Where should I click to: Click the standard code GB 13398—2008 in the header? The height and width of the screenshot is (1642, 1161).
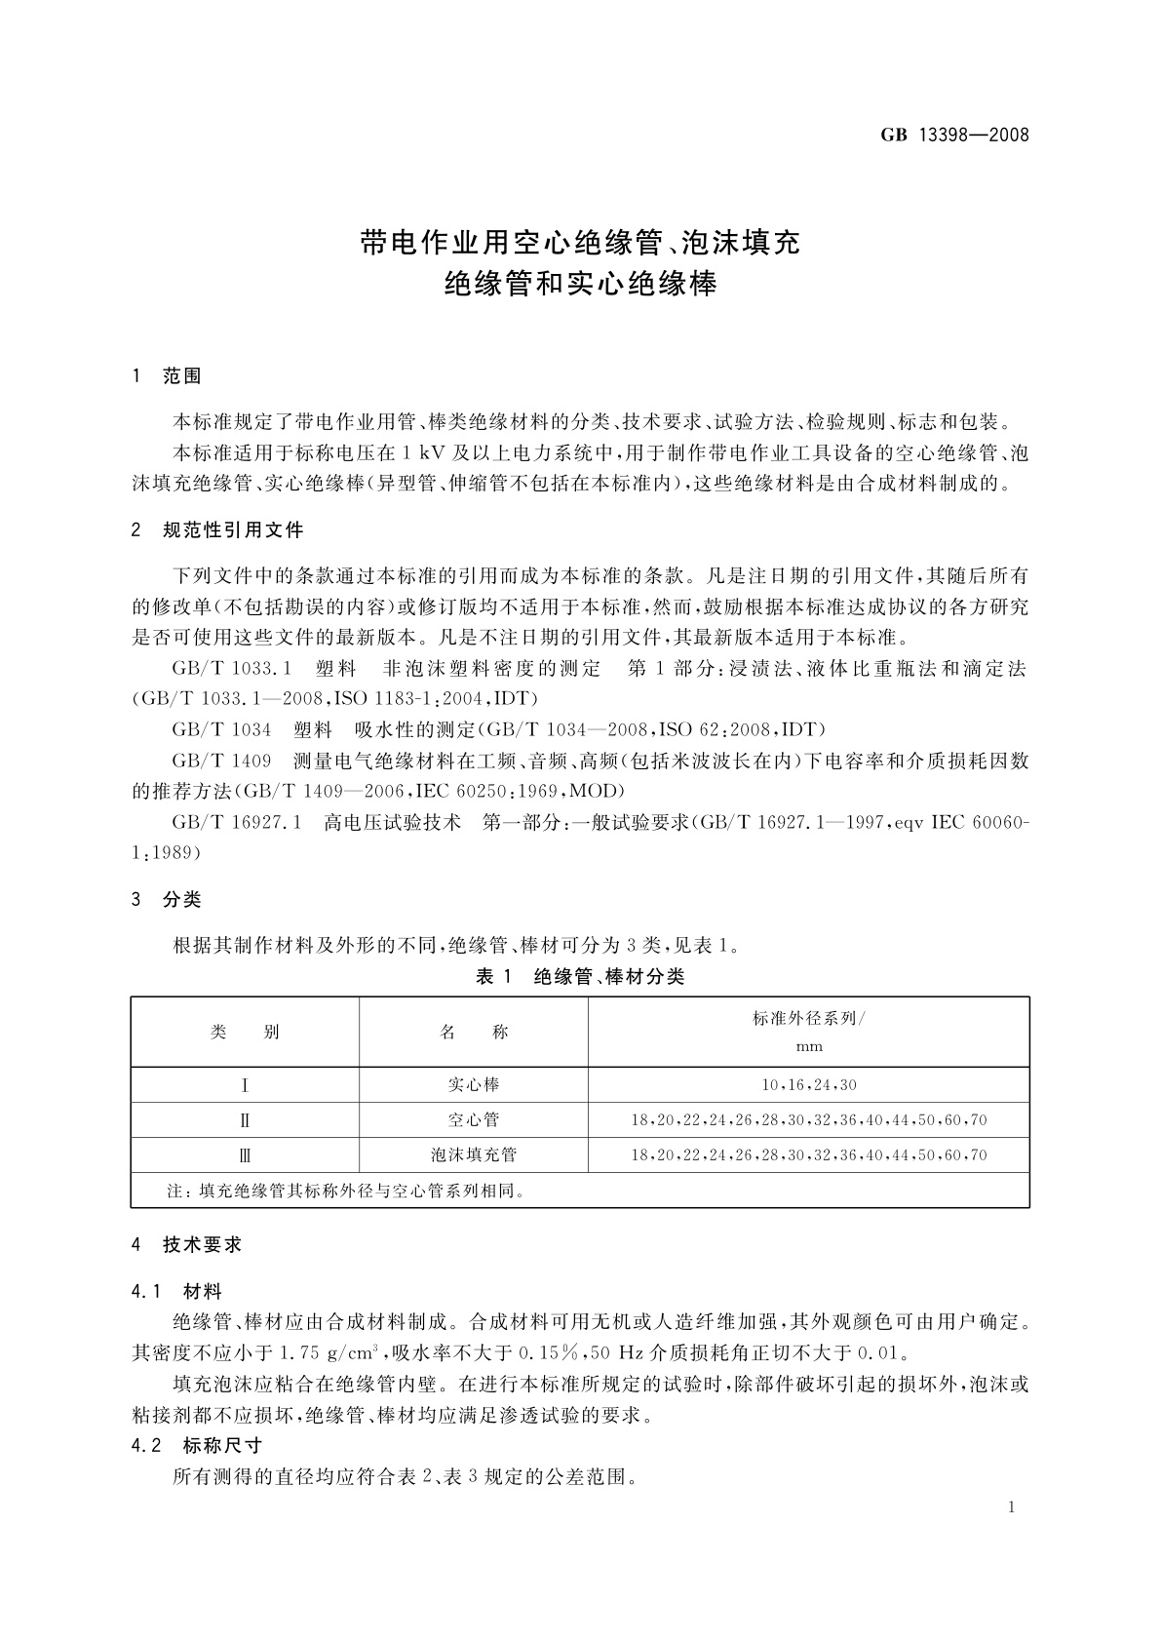pos(954,136)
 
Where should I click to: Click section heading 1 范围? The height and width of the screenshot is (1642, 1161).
pos(167,376)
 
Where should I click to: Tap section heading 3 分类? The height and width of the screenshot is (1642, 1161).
pos(167,899)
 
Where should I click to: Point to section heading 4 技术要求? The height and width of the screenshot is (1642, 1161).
pos(186,1245)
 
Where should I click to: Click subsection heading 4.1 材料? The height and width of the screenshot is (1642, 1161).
pos(176,1292)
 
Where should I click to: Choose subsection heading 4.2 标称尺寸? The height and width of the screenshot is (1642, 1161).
pos(197,1446)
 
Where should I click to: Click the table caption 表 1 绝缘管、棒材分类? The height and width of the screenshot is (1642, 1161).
pos(579,977)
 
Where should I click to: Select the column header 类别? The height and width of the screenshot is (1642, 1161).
pos(245,1033)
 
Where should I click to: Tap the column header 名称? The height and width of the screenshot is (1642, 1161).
pos(474,1033)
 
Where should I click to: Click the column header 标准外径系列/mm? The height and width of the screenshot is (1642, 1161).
pos(808,1032)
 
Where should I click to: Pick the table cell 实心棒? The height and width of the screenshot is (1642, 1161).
pos(474,1084)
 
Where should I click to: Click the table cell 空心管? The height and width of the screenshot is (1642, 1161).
pos(474,1120)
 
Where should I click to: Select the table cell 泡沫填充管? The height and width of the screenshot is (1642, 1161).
pos(474,1155)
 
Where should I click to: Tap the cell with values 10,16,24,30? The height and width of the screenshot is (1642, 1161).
pos(808,1085)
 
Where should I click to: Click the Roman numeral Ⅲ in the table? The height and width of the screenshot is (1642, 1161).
pos(245,1155)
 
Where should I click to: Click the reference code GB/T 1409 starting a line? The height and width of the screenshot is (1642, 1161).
pos(221,761)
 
